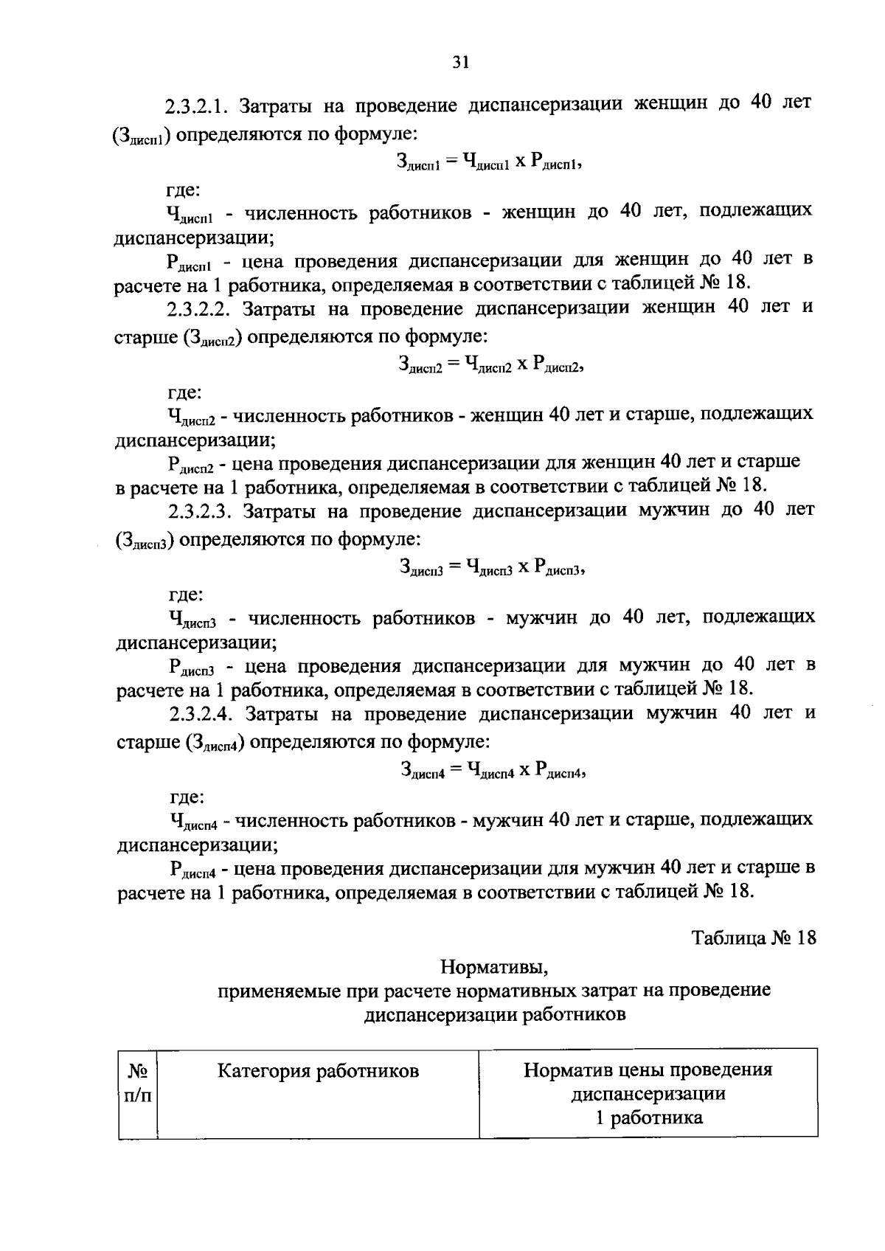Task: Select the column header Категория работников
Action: [x=318, y=1070]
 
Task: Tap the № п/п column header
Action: [x=137, y=1082]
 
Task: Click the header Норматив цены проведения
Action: [x=648, y=1070]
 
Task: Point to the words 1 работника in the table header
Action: [x=648, y=1117]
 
